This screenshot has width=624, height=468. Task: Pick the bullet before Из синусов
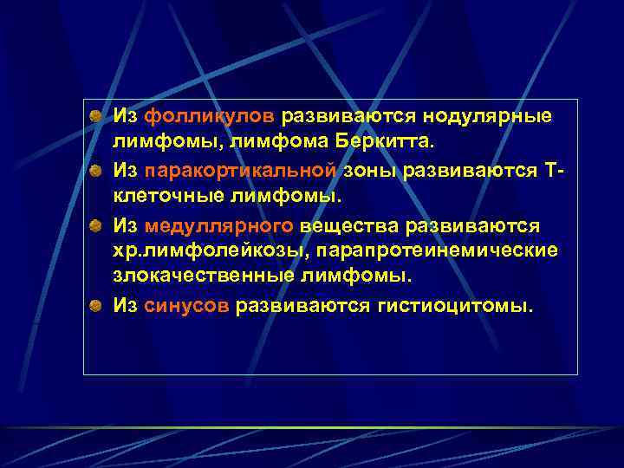98,305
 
